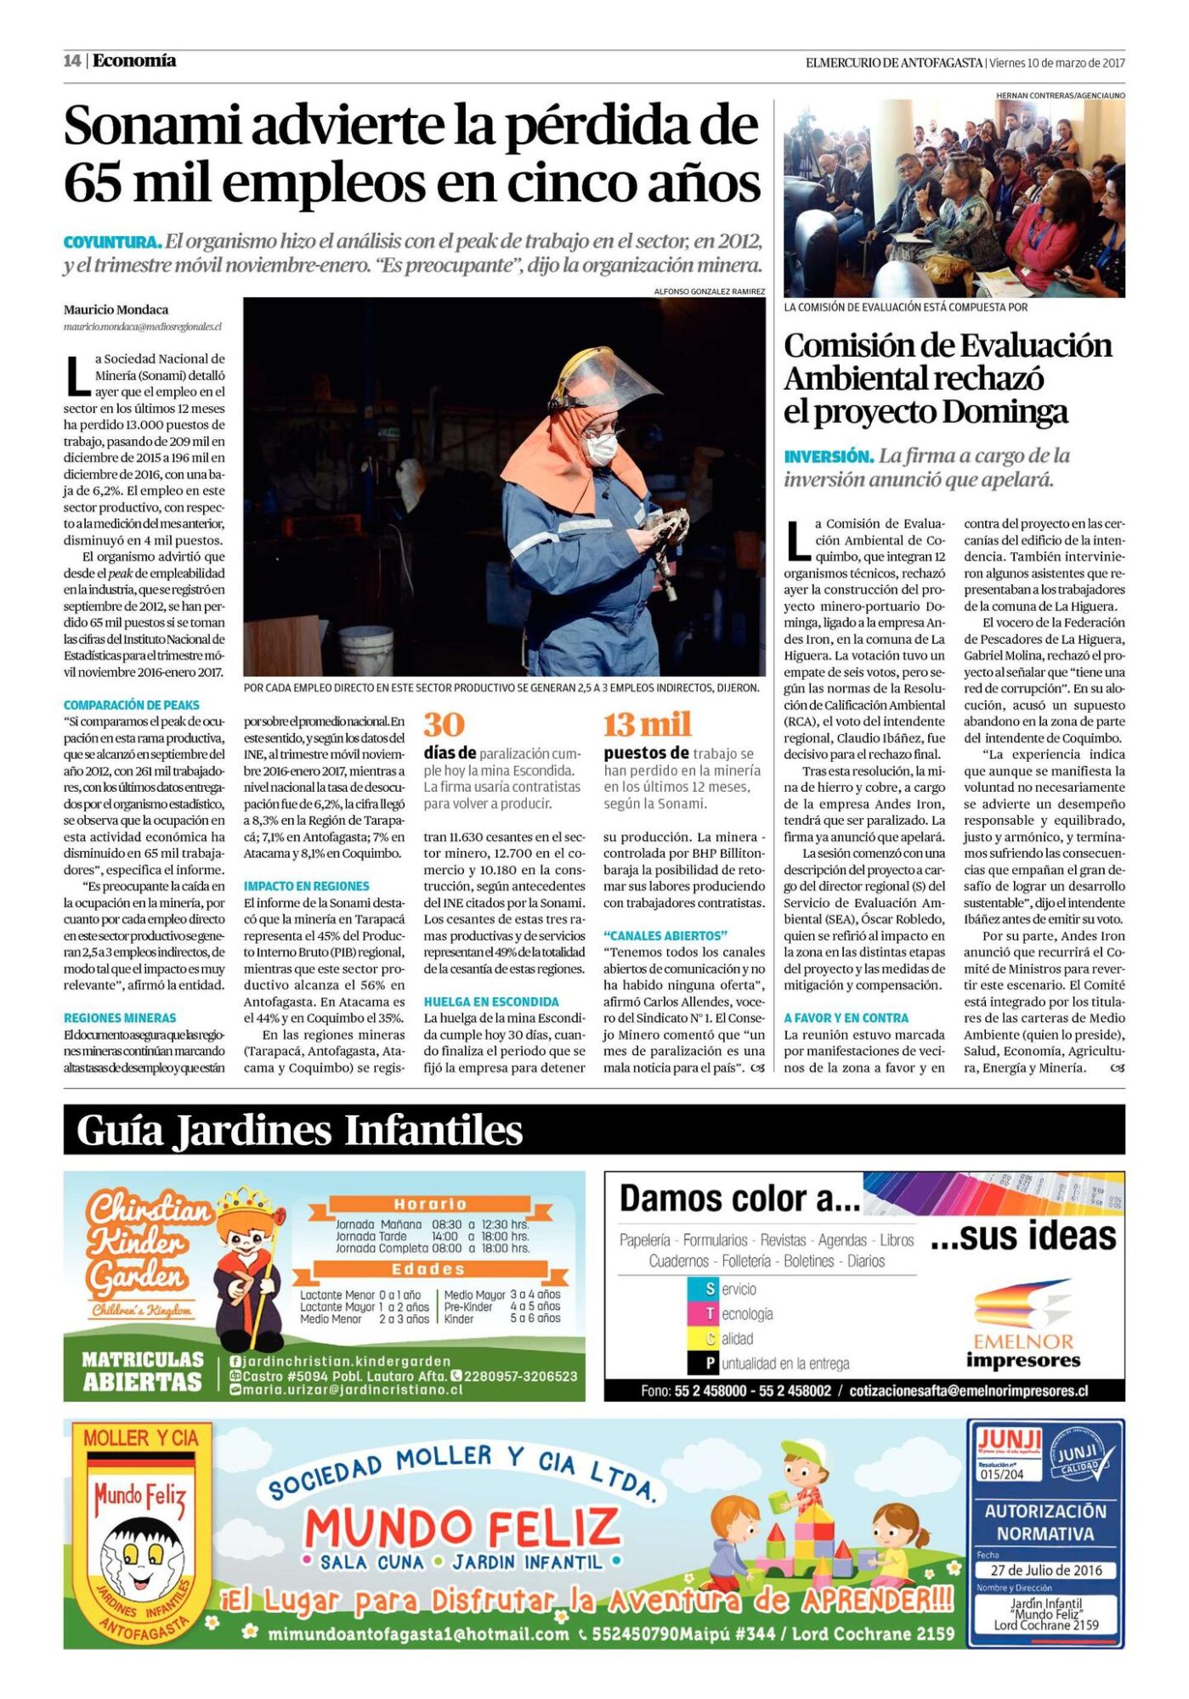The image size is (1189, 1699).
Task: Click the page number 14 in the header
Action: [71, 60]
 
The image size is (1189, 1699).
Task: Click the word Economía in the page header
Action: [134, 60]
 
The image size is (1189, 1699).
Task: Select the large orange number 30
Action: [444, 725]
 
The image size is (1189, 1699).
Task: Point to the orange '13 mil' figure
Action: [647, 725]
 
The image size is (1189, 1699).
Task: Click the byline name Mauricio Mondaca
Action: [116, 310]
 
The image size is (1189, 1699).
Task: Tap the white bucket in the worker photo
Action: [365, 650]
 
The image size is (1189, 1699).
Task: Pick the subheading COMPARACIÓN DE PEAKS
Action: [132, 705]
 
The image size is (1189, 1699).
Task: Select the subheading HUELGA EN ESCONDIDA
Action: [491, 1002]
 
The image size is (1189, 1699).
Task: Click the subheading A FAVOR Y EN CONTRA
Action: [846, 1018]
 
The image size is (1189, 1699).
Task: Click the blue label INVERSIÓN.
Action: [829, 456]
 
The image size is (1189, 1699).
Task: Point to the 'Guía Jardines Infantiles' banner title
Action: [299, 1131]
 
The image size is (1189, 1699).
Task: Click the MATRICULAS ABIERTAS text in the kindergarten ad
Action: [143, 1371]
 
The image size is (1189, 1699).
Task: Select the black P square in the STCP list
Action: [711, 1363]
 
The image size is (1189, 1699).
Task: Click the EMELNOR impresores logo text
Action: [1023, 1351]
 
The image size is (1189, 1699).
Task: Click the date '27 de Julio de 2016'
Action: [1046, 1570]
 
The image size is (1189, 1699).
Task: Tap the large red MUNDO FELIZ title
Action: [463, 1527]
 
